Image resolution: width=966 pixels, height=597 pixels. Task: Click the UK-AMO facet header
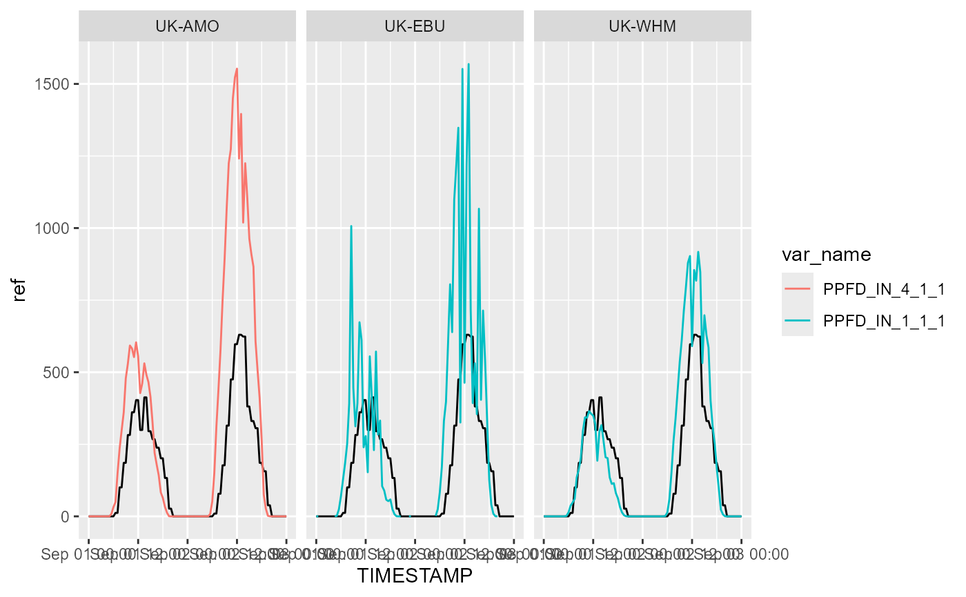tap(188, 27)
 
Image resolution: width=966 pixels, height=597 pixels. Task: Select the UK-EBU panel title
tap(415, 27)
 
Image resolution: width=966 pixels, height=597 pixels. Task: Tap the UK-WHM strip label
tap(642, 27)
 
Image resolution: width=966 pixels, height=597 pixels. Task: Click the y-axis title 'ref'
tap(20, 293)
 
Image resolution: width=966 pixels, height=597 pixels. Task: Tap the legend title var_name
tap(826, 255)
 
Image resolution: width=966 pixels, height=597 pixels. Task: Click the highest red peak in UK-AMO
tap(237, 68)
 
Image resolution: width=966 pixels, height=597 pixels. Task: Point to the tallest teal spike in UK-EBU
tap(469, 64)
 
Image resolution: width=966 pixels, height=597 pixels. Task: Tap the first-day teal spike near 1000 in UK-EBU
tap(351, 226)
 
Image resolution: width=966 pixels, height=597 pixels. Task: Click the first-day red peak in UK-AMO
tap(136, 342)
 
